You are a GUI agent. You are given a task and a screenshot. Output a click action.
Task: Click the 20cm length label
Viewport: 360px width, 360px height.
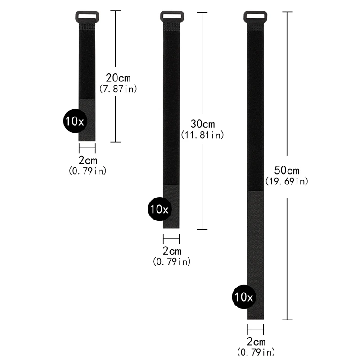(x=118, y=78)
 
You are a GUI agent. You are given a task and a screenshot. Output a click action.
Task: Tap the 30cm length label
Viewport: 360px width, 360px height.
(x=202, y=124)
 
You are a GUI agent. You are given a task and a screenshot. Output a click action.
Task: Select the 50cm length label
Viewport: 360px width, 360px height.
(x=287, y=171)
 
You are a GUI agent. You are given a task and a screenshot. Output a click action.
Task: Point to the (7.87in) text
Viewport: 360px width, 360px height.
(x=118, y=89)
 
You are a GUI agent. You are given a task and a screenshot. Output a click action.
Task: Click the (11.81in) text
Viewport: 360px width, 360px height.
(x=202, y=135)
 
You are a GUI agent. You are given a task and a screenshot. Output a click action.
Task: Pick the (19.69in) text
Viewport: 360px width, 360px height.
(x=287, y=181)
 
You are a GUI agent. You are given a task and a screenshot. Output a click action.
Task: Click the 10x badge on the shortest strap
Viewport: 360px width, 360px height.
(x=75, y=121)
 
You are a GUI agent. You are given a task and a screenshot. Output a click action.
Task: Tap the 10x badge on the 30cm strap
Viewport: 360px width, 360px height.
(x=160, y=209)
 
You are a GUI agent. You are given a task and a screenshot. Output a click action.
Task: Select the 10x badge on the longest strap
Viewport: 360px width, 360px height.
(x=244, y=297)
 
